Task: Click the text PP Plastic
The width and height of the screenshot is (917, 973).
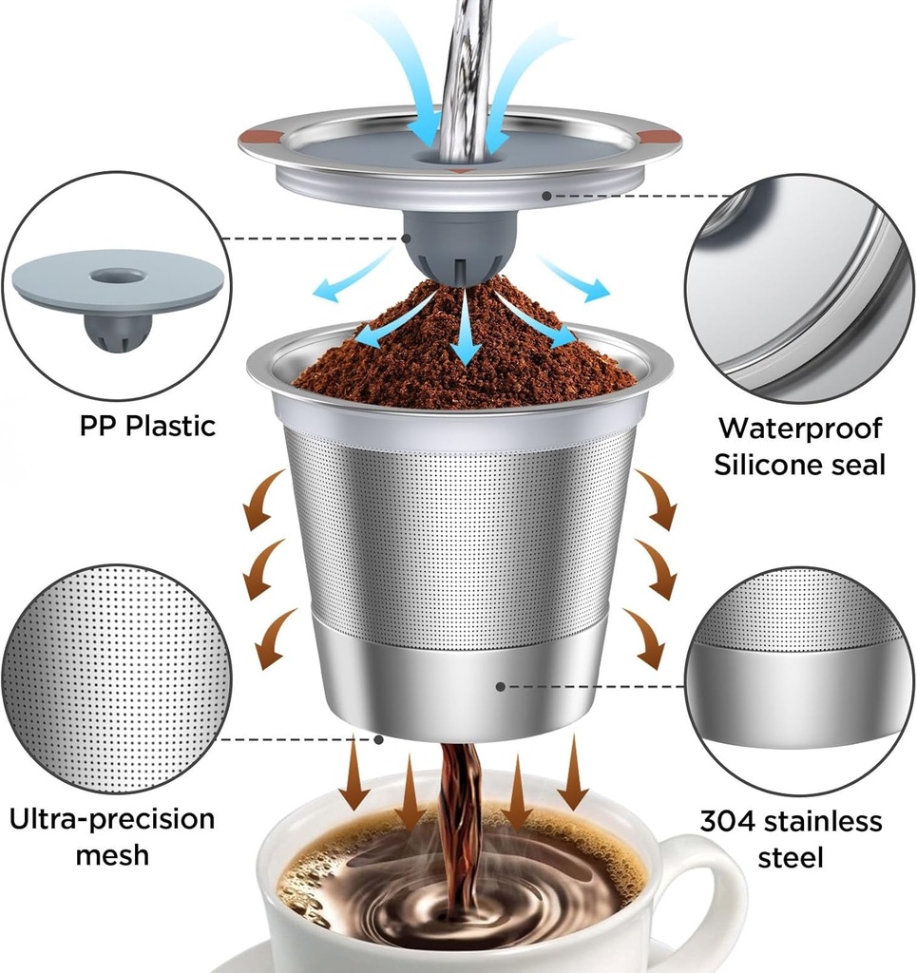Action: (x=147, y=426)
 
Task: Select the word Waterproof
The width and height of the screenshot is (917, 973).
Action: (x=799, y=428)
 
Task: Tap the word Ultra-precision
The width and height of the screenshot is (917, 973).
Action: (x=112, y=818)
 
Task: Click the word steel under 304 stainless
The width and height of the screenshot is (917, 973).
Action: (x=791, y=857)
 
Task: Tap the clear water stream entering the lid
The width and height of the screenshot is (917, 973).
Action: (x=465, y=76)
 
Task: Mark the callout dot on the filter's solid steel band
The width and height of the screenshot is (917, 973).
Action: (x=500, y=685)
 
